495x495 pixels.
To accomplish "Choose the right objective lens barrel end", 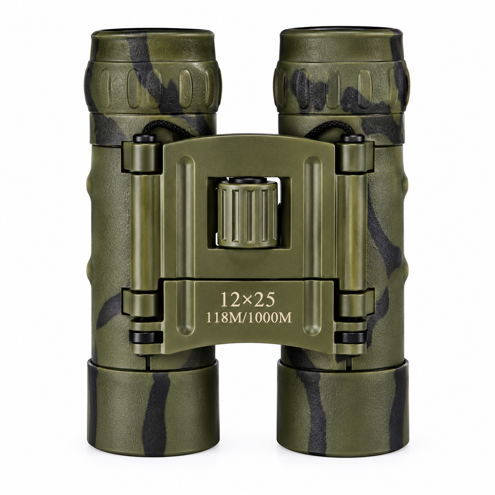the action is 343,401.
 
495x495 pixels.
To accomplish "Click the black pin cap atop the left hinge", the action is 145,139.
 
